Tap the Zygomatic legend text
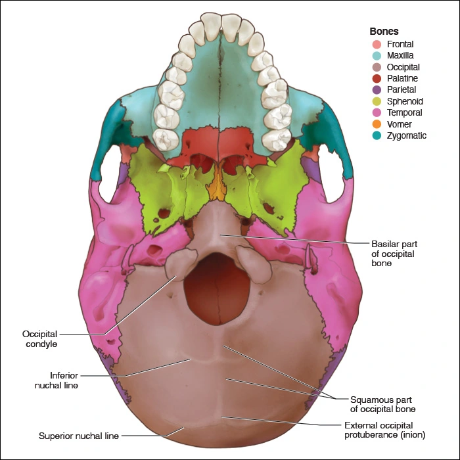(x=407, y=136)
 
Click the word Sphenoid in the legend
(x=405, y=101)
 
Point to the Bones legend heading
(x=384, y=31)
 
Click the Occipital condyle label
(x=58, y=339)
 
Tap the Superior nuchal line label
(x=79, y=435)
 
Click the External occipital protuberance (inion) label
(x=385, y=430)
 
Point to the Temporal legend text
(x=405, y=113)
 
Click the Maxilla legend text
(x=401, y=56)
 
